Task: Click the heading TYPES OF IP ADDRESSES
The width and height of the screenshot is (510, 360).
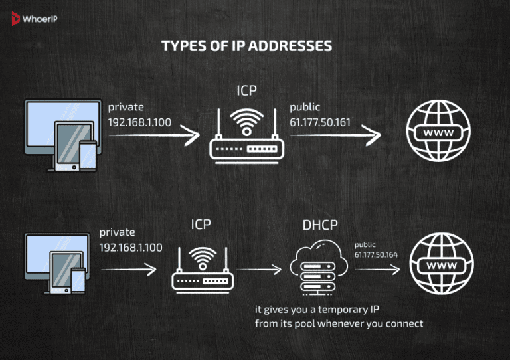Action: [x=247, y=46]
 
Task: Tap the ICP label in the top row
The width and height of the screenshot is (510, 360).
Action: [x=247, y=90]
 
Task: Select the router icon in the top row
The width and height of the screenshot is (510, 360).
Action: [x=246, y=135]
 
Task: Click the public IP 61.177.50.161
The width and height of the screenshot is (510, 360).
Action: [x=320, y=122]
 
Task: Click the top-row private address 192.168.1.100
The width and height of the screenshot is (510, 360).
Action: [x=140, y=122]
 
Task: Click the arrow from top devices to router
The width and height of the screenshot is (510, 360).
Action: [x=153, y=136]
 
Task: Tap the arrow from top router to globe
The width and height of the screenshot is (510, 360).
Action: [x=335, y=136]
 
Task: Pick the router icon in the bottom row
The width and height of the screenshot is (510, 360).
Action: [x=201, y=269]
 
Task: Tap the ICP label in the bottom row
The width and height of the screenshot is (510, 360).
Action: [x=201, y=225]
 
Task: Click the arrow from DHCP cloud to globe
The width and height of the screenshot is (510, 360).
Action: [x=377, y=270]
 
